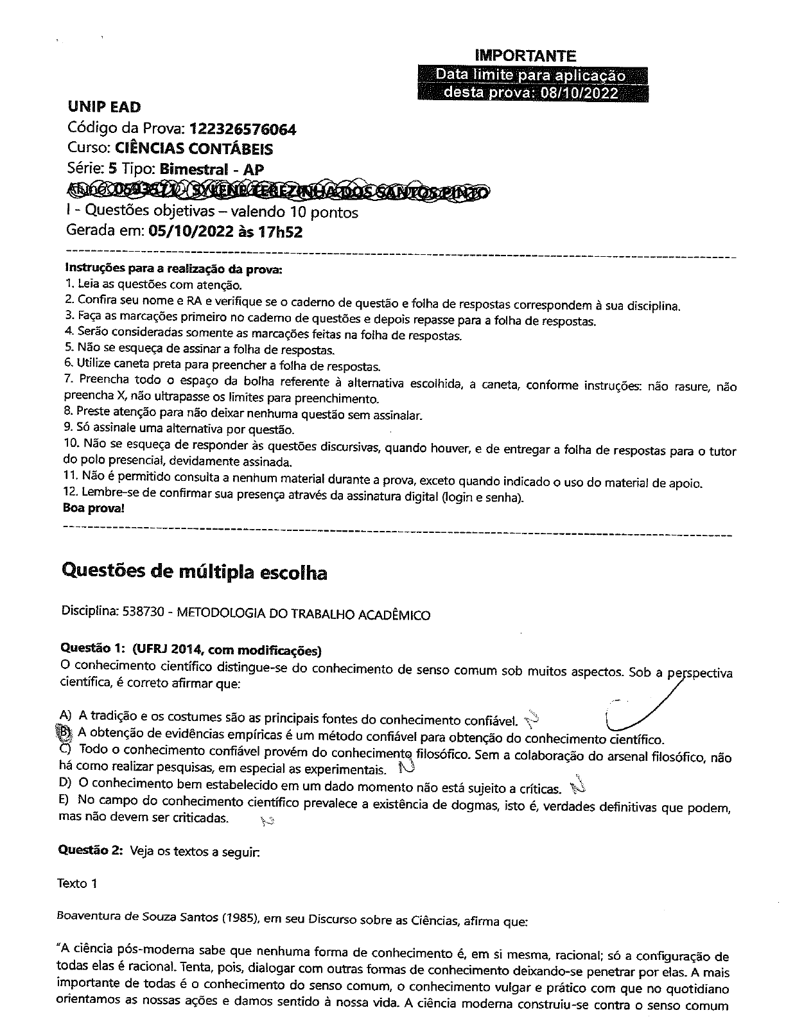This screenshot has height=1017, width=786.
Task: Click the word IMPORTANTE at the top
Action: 525,56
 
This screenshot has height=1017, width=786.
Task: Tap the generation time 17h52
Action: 279,232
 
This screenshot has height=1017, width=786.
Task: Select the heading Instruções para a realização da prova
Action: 173,269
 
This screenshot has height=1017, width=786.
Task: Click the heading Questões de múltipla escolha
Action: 193,572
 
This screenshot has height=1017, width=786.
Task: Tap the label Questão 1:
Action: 87,650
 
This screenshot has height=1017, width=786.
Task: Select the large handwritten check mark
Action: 642,706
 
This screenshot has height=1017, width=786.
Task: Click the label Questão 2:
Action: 89,851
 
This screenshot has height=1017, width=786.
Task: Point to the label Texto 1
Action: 76,883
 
